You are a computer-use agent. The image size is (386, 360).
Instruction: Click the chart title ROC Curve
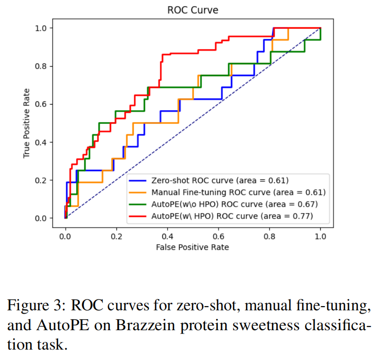(193, 10)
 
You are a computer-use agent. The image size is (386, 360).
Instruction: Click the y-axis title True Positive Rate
(26, 123)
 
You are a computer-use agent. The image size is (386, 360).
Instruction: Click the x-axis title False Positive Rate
(193, 247)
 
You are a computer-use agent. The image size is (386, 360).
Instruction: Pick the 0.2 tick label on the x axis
(116, 236)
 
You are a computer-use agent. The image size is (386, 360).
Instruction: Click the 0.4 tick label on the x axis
(167, 236)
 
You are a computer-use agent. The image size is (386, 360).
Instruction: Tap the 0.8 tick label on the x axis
(270, 236)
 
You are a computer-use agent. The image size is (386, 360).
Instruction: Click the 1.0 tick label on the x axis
(320, 236)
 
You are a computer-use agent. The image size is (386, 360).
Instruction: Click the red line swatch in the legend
(138, 217)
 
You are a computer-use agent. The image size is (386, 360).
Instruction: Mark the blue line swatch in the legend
(138, 180)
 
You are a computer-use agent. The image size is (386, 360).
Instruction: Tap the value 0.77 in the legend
(305, 217)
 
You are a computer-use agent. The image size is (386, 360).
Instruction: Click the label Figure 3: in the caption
(36, 305)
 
